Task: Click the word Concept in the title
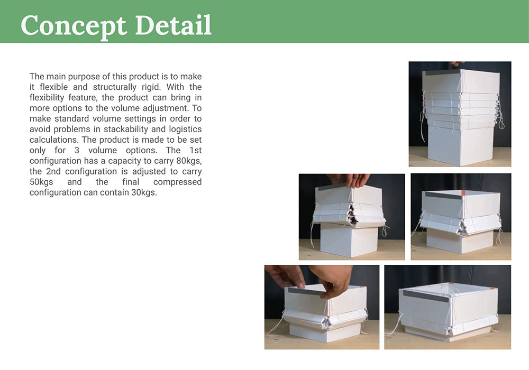[74, 26]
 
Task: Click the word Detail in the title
[173, 25]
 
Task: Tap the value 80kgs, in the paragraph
[189, 161]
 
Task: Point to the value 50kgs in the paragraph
[41, 182]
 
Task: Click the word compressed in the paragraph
[177, 182]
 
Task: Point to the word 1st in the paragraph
[195, 150]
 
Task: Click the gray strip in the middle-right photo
[444, 195]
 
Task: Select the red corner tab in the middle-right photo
[463, 192]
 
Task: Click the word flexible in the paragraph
[53, 87]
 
